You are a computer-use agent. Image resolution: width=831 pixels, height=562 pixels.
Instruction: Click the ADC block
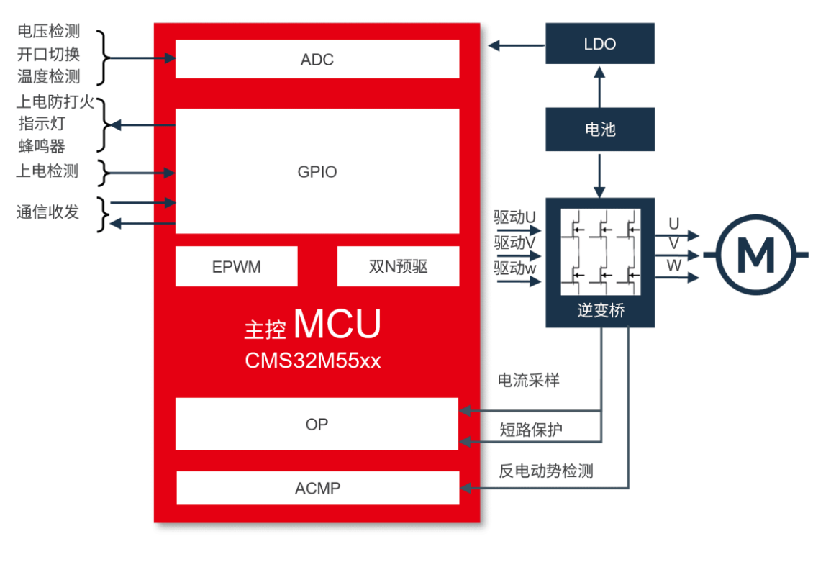point(317,60)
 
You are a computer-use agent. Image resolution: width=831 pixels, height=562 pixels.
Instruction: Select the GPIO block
point(317,172)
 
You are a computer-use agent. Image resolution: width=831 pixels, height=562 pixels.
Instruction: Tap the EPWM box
point(237,267)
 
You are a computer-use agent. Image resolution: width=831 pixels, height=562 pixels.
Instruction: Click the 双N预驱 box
point(398,267)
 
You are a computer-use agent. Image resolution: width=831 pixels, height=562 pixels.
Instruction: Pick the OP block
point(317,425)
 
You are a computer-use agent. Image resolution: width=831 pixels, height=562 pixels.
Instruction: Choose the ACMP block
point(317,489)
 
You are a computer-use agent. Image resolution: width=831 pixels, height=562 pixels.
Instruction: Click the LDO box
point(600,45)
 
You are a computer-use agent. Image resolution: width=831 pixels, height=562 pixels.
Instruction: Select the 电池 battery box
point(600,130)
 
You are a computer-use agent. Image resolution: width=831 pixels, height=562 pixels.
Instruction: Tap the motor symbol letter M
point(756,254)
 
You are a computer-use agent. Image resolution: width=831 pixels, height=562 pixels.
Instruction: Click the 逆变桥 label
point(600,312)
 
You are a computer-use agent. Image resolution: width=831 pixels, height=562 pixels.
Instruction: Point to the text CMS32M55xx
point(313,361)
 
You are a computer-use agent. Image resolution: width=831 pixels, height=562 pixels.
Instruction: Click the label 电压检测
point(48,32)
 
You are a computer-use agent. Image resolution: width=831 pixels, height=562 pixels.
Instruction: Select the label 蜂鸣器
point(42,147)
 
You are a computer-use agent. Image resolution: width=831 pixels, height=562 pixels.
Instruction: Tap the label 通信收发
point(48,212)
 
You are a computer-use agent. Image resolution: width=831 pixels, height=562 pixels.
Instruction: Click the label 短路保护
point(531,430)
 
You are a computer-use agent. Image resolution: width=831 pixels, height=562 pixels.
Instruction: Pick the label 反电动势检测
point(546,471)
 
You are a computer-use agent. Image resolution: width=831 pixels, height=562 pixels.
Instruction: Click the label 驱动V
point(515,243)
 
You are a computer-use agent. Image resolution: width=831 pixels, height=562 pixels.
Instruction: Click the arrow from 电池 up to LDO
point(600,86)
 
